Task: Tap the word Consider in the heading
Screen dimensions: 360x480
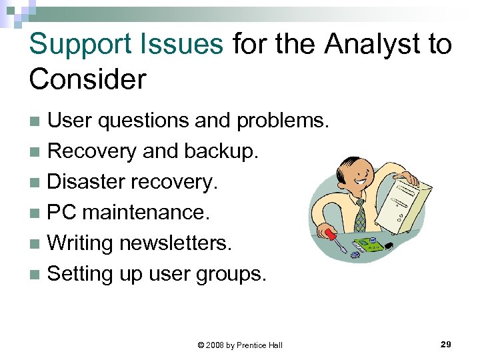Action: pos(87,79)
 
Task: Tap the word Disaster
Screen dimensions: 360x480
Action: pos(87,181)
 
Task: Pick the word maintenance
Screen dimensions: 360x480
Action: pos(145,213)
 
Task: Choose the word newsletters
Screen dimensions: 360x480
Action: pos(175,243)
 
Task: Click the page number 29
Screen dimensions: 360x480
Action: pos(446,344)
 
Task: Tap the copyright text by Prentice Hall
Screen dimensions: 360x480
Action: pos(240,345)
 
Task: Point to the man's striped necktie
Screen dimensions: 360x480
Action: pos(360,214)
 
